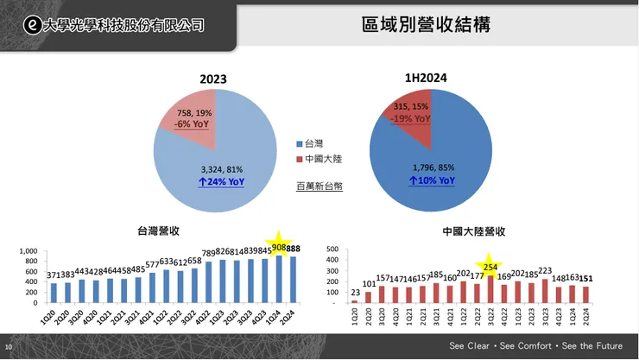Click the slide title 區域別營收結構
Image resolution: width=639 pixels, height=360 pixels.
[426, 24]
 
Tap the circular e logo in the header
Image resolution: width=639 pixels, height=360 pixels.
[32, 25]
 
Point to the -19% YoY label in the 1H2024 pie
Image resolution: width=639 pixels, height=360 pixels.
[410, 118]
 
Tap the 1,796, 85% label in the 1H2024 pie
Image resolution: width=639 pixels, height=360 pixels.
[432, 168]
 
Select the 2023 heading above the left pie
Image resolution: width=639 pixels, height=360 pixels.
[213, 79]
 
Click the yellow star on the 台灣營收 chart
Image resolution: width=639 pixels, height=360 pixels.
[279, 242]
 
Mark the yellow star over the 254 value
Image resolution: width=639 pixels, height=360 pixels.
[490, 265]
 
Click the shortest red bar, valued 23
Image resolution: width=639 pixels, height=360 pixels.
[354, 301]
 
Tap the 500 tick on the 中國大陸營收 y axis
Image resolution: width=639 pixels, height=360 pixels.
[330, 249]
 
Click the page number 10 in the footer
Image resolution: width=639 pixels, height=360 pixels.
[9, 347]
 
